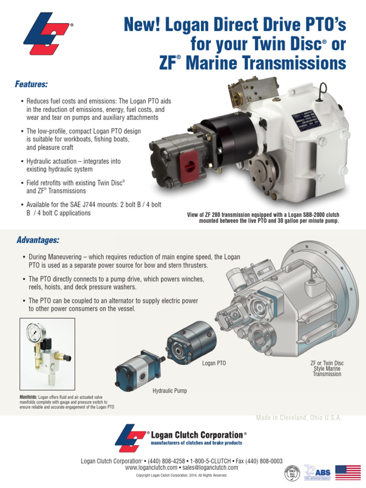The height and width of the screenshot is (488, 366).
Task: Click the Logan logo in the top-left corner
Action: pos(48,35)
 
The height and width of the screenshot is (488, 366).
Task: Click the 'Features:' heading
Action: pos(32,84)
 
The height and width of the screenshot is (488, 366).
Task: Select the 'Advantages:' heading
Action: pos(38,239)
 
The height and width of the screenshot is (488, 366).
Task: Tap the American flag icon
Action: pos(348,472)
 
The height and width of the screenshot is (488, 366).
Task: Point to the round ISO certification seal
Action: pos(292,473)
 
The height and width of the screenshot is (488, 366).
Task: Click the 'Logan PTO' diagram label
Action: pos(214,363)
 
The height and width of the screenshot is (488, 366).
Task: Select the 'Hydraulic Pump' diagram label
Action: pos(170,391)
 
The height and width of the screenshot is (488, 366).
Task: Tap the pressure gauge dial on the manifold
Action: pos(35,331)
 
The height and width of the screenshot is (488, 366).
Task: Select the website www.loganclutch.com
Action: pos(151,468)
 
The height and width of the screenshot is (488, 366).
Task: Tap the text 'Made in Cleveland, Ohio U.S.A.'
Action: pos(299,417)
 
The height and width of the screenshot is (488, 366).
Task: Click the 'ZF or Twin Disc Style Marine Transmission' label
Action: pos(327,369)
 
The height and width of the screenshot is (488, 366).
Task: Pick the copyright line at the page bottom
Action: pos(182,475)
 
